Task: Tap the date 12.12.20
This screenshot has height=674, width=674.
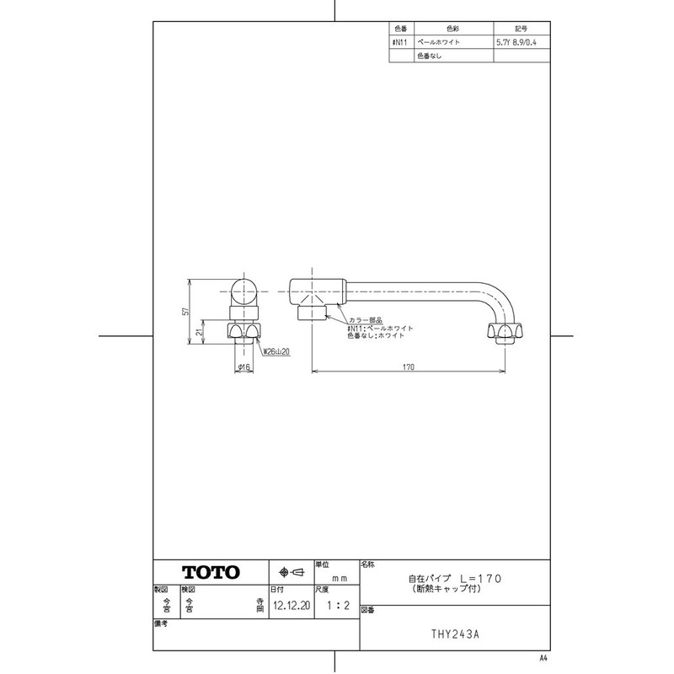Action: tap(287, 605)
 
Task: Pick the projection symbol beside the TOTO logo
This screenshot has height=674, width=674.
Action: tap(291, 572)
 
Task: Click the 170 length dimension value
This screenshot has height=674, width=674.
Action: tap(409, 366)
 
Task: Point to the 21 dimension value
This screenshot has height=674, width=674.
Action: tap(199, 333)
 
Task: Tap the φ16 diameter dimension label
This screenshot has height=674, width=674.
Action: tap(243, 367)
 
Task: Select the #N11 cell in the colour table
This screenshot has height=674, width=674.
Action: tap(400, 40)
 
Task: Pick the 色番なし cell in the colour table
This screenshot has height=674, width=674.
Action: tap(429, 56)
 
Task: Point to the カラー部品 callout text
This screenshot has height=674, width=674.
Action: tap(366, 320)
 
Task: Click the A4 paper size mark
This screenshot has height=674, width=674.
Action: tap(543, 657)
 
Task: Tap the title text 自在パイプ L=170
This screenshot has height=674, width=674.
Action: tap(456, 579)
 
